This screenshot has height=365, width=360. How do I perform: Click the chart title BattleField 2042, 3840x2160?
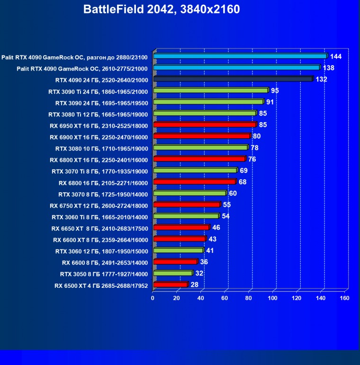click(162, 9)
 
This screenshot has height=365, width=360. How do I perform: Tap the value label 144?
click(336, 56)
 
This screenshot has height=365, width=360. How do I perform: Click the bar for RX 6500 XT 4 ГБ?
click(171, 285)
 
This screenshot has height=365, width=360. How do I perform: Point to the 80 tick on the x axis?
click(249, 298)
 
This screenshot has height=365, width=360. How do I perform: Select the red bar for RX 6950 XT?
click(205, 125)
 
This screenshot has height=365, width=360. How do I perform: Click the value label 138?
click(329, 68)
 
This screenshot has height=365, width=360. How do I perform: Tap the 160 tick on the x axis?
click(344, 298)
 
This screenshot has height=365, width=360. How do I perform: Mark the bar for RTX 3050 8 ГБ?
click(172, 273)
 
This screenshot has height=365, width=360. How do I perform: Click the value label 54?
click(226, 216)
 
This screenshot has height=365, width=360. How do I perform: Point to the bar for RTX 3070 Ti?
click(195, 170)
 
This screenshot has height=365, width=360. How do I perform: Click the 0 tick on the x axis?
click(153, 298)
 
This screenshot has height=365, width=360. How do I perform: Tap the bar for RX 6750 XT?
click(187, 205)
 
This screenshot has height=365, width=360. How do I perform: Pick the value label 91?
click(270, 102)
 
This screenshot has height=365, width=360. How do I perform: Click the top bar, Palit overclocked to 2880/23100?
click(240, 56)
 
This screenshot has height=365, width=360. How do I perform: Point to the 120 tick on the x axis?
click(297, 298)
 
